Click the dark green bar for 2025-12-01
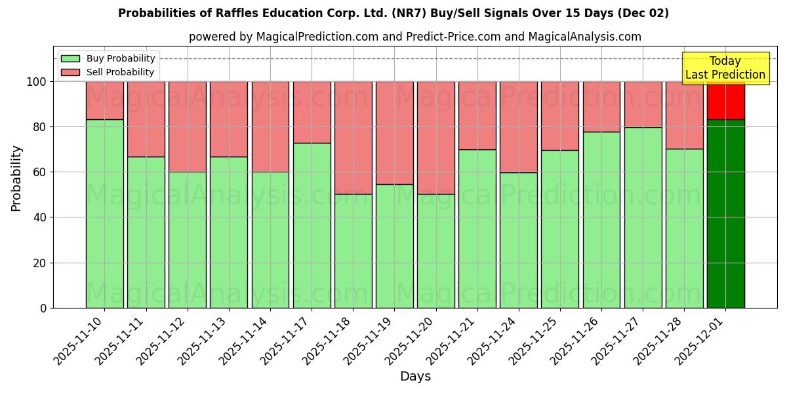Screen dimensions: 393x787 click(x=725, y=214)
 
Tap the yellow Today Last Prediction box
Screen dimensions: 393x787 click(x=725, y=68)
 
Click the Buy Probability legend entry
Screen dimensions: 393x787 click(x=108, y=58)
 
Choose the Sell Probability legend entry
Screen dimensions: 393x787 click(x=108, y=72)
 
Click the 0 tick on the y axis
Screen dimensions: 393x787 click(x=43, y=308)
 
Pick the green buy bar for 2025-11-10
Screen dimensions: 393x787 click(x=104, y=214)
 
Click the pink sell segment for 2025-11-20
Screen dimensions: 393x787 click(x=435, y=138)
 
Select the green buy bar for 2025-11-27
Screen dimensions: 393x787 click(x=643, y=217)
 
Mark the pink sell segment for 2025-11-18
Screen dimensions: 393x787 click(x=353, y=138)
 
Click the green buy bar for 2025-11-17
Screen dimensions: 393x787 click(x=312, y=225)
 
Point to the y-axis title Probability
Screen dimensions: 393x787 click(x=16, y=178)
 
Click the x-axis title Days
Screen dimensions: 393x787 click(x=415, y=377)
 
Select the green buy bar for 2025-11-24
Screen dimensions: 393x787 click(x=518, y=240)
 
